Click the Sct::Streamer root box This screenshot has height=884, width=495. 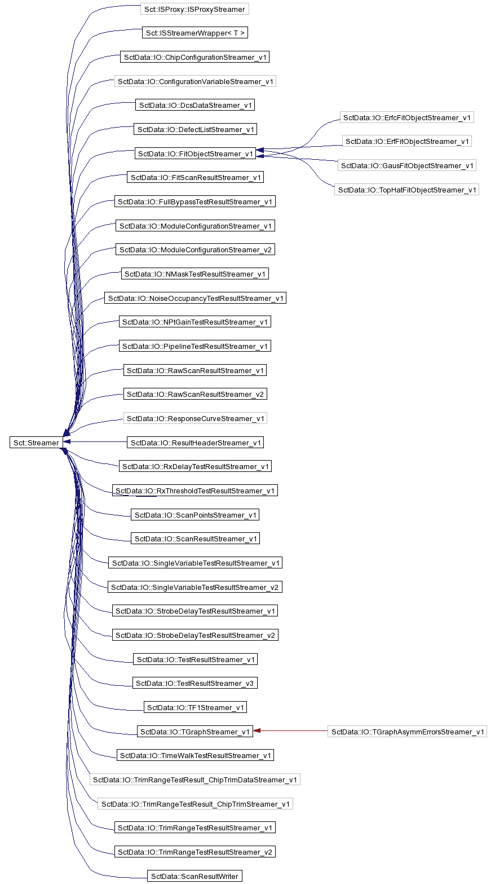[36, 443]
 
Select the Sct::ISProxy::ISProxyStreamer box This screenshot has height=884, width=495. [195, 9]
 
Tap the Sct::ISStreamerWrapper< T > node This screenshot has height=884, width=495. [195, 33]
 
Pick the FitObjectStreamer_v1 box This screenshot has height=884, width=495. [196, 154]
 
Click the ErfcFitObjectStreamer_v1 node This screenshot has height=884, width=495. [406, 117]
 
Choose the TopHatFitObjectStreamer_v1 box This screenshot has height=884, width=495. [406, 190]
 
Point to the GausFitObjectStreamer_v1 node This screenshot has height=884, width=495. [406, 165]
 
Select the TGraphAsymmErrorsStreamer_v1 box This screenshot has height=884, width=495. [407, 731]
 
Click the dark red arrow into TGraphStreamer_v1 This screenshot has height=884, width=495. [290, 730]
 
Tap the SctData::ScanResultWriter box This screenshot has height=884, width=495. [195, 876]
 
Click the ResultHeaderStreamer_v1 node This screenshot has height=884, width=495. [196, 443]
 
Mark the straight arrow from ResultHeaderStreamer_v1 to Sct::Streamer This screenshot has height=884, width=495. [95, 441]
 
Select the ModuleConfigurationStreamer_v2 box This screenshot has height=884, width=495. [195, 250]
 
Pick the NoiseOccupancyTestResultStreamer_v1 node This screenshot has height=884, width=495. [195, 298]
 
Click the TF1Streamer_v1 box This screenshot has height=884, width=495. [195, 707]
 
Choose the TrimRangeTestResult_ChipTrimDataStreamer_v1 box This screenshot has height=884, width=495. [195, 780]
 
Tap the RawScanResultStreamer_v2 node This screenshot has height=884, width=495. [195, 394]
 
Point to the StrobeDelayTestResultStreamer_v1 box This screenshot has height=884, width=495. [195, 611]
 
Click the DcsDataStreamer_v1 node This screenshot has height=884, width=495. [195, 105]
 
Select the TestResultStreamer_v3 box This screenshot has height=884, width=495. [195, 682]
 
